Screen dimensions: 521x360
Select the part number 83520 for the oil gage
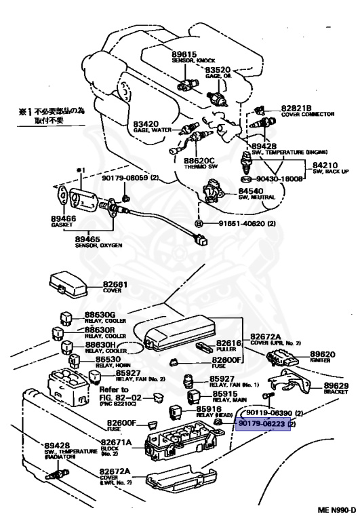coord(218,69)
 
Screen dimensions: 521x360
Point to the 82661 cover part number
coord(116,284)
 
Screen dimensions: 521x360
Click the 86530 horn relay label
coord(108,360)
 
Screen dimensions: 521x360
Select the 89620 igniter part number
coord(323,354)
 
